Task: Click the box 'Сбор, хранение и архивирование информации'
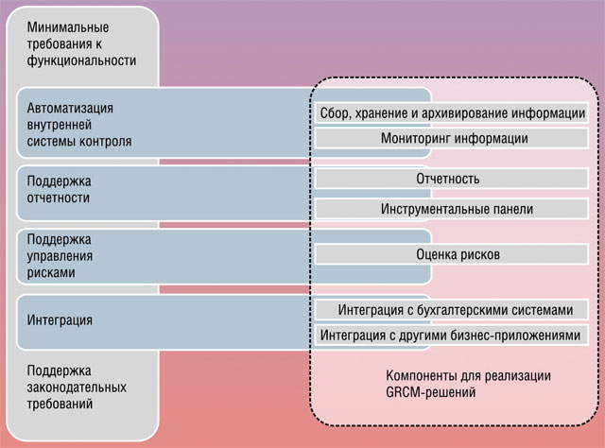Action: [452, 113]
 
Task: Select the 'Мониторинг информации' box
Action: [452, 138]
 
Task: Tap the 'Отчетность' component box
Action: [452, 179]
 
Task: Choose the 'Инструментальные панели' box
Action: [452, 209]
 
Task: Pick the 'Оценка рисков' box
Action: [452, 254]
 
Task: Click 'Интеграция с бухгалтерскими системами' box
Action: [452, 309]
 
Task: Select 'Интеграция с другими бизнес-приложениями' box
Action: [452, 335]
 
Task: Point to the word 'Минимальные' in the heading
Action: [68, 27]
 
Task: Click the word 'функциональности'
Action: [81, 61]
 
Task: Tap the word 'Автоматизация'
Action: [70, 108]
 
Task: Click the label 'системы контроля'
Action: [79, 142]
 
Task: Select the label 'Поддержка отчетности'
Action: [59, 189]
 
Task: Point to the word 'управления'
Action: [60, 256]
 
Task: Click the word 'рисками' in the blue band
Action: [51, 273]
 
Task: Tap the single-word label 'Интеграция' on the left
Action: [60, 320]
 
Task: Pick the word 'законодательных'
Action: [77, 388]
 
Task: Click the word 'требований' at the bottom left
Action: [60, 404]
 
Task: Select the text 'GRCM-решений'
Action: [431, 393]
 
